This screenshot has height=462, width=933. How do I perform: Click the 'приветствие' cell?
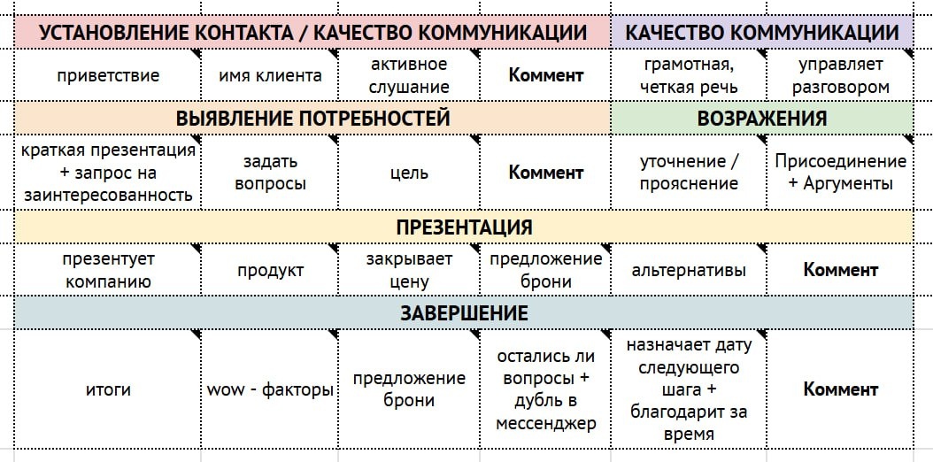(x=108, y=75)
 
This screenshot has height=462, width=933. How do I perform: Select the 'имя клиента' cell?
(x=270, y=75)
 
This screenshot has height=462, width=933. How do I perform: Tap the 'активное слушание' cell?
(x=410, y=75)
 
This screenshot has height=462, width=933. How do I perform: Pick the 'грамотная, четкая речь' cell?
(x=689, y=75)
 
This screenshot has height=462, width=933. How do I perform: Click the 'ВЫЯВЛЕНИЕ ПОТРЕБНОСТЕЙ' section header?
(x=312, y=119)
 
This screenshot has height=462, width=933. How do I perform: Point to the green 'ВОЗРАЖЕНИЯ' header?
(x=762, y=119)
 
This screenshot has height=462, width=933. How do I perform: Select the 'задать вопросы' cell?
(x=270, y=173)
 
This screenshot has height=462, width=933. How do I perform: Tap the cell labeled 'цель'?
(x=410, y=173)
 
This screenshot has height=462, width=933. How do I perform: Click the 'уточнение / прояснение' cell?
(x=689, y=173)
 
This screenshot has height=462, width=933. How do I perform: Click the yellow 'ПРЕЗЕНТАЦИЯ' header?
(x=464, y=227)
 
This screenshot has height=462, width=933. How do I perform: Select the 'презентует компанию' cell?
(x=108, y=270)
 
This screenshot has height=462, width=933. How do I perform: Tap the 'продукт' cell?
(x=270, y=270)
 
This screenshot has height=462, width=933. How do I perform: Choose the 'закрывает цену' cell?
(x=410, y=270)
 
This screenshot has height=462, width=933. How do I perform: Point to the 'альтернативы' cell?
(x=689, y=270)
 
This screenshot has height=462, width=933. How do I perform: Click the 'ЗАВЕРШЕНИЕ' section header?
(x=464, y=312)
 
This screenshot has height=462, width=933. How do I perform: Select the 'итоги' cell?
(x=108, y=389)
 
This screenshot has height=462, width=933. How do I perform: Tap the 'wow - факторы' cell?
(x=270, y=389)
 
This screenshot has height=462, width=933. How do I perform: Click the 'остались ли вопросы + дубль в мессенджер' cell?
(x=546, y=389)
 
